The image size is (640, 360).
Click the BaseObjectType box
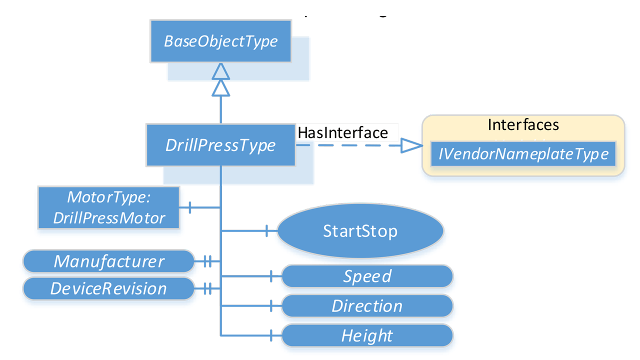[x=220, y=41]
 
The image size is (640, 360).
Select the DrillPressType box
[x=220, y=145]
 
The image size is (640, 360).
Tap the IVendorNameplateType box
[x=523, y=154]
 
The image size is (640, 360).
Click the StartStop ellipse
[x=360, y=231]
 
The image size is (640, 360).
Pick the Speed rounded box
[x=367, y=276]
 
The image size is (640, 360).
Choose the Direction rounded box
[x=367, y=305]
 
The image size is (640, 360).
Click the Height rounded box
[x=367, y=335]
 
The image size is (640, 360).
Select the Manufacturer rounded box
[x=108, y=261]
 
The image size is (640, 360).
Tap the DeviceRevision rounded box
[x=108, y=288]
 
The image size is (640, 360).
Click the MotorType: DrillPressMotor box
[x=109, y=207]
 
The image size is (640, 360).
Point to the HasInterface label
[x=342, y=132]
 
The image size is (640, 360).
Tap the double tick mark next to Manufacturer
[x=207, y=261]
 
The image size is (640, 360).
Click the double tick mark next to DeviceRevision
[x=207, y=288]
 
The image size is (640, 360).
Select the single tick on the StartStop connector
[x=267, y=231]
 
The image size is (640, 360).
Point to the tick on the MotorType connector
[x=190, y=207]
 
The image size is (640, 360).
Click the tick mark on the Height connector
[x=271, y=335]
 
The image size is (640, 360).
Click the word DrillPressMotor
[x=109, y=218]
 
